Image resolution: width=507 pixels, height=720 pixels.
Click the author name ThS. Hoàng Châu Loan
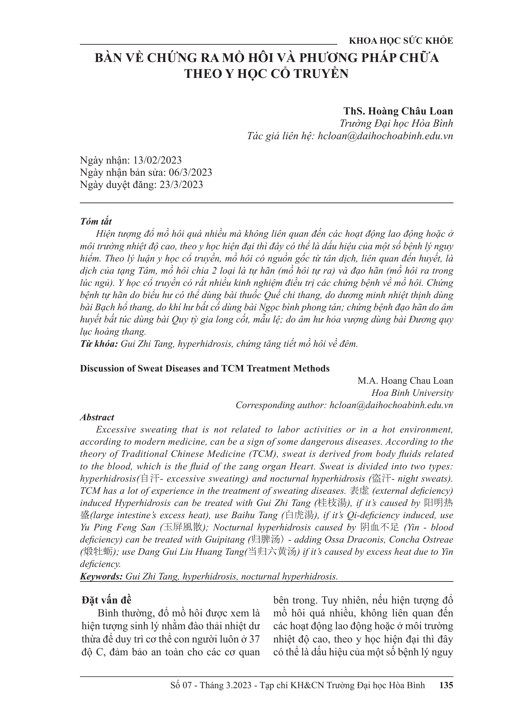coord(398,111)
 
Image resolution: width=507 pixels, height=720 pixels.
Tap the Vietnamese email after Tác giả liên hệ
coord(385,136)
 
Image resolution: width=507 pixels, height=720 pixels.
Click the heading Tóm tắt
coord(96,221)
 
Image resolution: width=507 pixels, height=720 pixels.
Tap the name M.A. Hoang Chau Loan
coord(405,381)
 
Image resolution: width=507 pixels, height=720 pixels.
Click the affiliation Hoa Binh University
coord(412,393)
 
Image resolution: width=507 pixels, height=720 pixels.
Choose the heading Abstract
coord(97,417)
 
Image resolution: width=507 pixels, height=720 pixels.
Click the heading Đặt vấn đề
coord(106,600)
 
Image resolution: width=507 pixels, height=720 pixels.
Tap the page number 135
coord(446,685)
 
